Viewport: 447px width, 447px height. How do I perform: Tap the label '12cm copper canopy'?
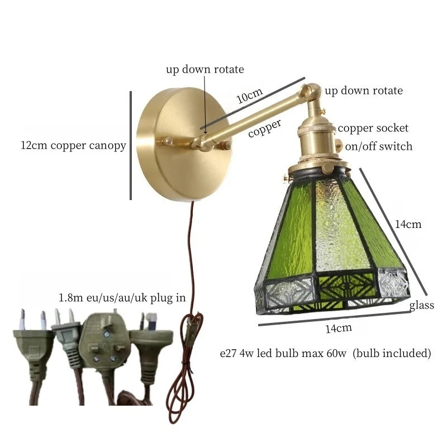coord(73,146)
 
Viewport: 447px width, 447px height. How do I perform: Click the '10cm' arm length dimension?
coord(249,96)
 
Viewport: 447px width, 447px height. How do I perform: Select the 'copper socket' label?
coord(373,129)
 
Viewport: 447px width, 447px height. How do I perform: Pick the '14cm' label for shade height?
coord(408,225)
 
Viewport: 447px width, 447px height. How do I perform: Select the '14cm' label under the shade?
coord(339,328)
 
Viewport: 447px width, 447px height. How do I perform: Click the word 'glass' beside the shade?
coord(421,305)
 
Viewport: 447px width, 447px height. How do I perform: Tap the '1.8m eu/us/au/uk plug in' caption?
coord(122,297)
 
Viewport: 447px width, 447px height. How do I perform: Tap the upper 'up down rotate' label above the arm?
coord(205,70)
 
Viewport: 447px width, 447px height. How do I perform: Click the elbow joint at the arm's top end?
coord(310,93)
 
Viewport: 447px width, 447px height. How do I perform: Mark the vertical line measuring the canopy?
coord(131,145)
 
